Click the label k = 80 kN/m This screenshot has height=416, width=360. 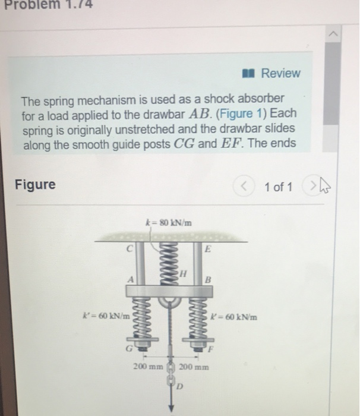(x=170, y=222)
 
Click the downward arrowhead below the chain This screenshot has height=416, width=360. (x=171, y=408)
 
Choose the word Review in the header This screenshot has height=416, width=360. (x=281, y=73)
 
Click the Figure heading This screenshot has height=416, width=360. (x=35, y=185)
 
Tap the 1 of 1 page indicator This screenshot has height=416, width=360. (x=278, y=187)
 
